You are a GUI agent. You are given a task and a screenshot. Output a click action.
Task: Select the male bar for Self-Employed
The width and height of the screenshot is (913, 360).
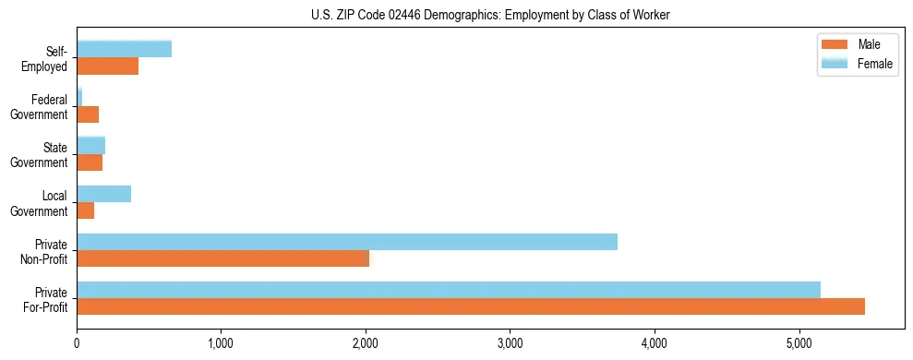(x=107, y=66)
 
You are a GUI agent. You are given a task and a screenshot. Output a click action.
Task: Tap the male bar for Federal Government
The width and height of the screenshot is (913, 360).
(x=88, y=114)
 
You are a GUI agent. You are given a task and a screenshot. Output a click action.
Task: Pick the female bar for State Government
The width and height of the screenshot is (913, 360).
(x=90, y=145)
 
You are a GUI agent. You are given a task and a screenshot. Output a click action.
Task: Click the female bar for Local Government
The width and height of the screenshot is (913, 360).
(x=103, y=193)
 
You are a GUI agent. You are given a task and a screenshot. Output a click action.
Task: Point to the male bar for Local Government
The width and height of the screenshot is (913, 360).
(x=85, y=210)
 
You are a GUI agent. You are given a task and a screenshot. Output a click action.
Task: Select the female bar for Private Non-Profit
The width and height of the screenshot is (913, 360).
(x=346, y=242)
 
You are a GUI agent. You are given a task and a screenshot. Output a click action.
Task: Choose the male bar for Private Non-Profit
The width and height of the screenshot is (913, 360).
(x=222, y=258)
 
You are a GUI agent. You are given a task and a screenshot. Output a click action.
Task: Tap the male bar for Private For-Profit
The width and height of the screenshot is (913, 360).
(x=470, y=306)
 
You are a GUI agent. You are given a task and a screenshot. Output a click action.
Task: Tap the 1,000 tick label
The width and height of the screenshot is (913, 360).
(x=221, y=344)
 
